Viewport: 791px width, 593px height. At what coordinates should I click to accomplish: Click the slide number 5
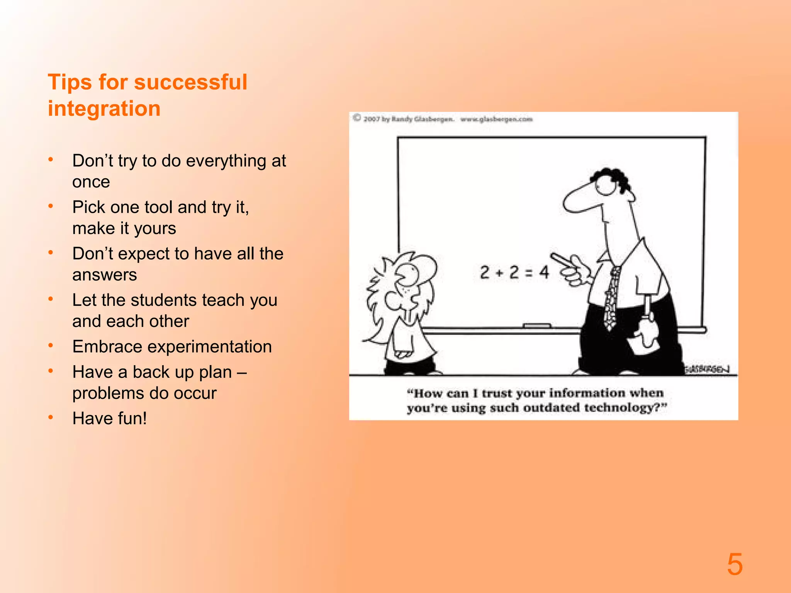(735, 564)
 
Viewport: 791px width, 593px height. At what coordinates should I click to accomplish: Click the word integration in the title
(104, 108)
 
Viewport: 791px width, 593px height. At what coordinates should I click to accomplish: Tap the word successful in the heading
(190, 82)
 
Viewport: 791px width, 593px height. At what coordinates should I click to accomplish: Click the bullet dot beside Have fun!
(51, 417)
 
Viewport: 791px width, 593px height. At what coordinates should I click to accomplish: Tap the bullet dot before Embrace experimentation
(51, 346)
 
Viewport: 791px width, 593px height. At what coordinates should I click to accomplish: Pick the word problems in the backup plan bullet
(109, 393)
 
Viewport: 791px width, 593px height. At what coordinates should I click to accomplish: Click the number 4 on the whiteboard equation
(544, 273)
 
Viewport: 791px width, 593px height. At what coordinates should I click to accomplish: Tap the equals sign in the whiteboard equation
(529, 273)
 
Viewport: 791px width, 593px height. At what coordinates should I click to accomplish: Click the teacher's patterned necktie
(611, 297)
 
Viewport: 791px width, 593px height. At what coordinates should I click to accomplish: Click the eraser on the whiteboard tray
(537, 326)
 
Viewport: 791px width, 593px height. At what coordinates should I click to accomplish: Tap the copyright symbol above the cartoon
(357, 118)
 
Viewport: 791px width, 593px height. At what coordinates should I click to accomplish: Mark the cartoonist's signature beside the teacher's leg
(707, 369)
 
